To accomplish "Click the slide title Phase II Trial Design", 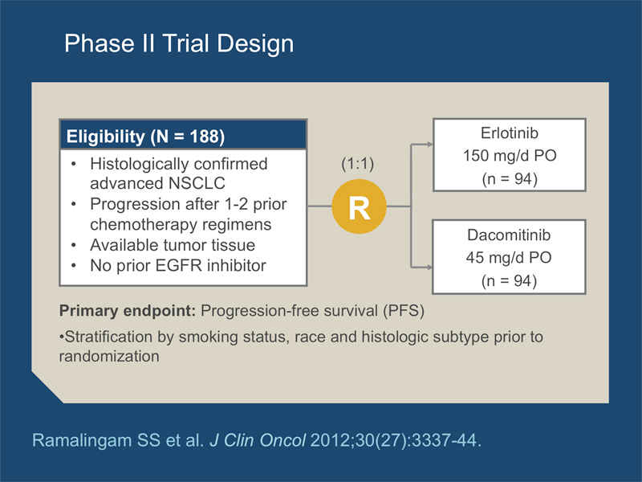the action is tap(179, 44).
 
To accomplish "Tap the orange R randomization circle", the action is tap(359, 206).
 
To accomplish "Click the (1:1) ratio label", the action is tap(357, 164).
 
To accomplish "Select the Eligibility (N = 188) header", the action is tap(145, 137).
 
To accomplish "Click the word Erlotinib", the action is tap(510, 133).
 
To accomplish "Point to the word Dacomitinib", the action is tap(509, 235).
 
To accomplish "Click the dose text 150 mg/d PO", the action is tap(510, 156).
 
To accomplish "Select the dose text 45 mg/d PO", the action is tap(509, 258).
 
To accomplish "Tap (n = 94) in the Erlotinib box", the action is tap(510, 179).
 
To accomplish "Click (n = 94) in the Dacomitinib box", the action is tap(509, 281).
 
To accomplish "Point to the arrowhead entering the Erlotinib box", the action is tap(430, 145).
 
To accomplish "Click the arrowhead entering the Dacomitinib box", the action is tap(430, 268).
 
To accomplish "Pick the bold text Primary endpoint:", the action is tap(128, 311).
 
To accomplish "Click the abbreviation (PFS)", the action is tap(404, 311).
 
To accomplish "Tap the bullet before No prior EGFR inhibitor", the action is tap(74, 266).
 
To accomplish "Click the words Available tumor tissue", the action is tap(173, 245).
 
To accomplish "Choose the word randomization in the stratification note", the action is tap(109, 356).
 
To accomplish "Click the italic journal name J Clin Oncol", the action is tap(258, 440).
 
